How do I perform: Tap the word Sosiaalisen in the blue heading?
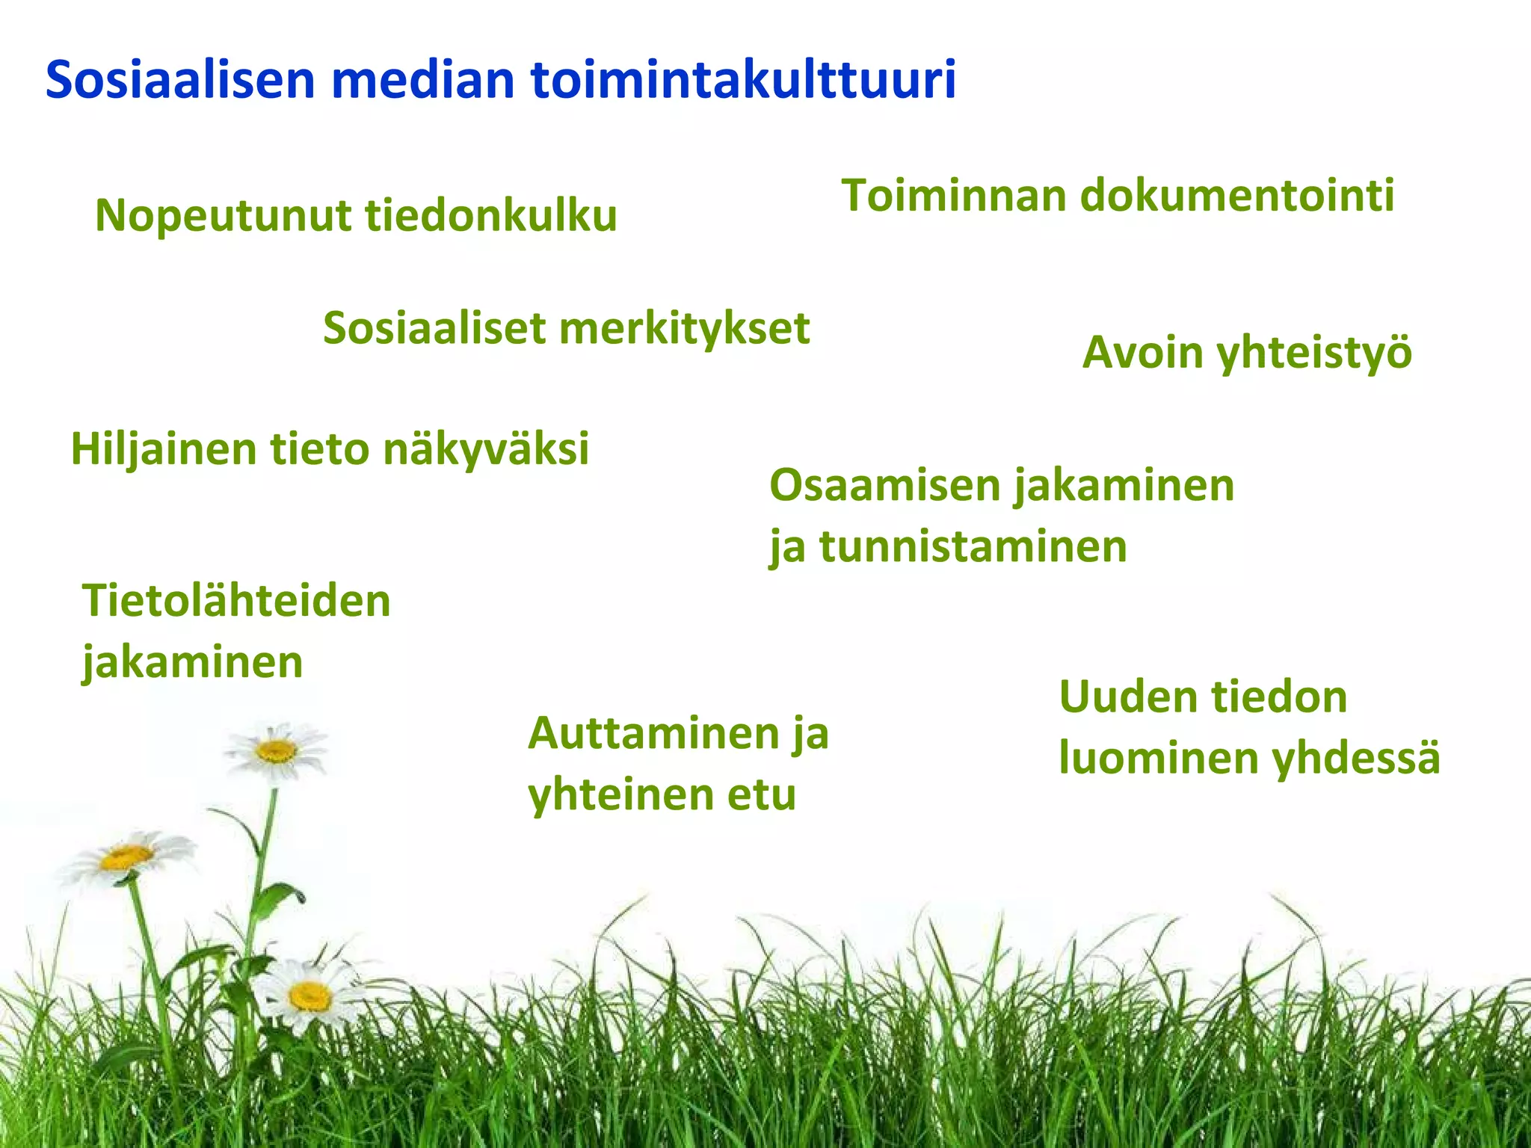[180, 79]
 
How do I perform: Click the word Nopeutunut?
[224, 217]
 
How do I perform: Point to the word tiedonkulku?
[491, 217]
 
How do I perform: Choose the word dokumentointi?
[1237, 196]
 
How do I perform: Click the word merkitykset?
[684, 329]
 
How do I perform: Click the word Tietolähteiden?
[236, 601]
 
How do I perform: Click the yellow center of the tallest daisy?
[276, 750]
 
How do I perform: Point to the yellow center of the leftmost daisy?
[126, 857]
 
